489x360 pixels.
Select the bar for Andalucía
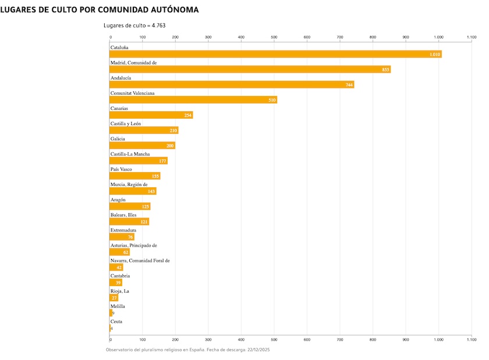click(x=232, y=85)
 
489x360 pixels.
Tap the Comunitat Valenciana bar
click(x=193, y=100)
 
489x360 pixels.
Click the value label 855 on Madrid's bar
click(x=385, y=70)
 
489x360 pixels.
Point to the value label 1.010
click(x=434, y=55)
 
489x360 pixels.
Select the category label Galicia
click(x=119, y=139)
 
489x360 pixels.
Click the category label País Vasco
click(x=121, y=169)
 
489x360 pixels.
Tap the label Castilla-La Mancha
click(x=130, y=154)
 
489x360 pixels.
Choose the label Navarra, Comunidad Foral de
click(x=140, y=261)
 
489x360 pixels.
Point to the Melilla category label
click(x=118, y=306)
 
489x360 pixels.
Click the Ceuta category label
click(x=116, y=322)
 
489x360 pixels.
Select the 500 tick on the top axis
click(x=274, y=37)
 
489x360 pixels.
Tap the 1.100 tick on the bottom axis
click(x=471, y=338)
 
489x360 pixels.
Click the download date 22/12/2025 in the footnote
click(x=258, y=350)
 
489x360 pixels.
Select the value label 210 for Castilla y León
click(x=173, y=131)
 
